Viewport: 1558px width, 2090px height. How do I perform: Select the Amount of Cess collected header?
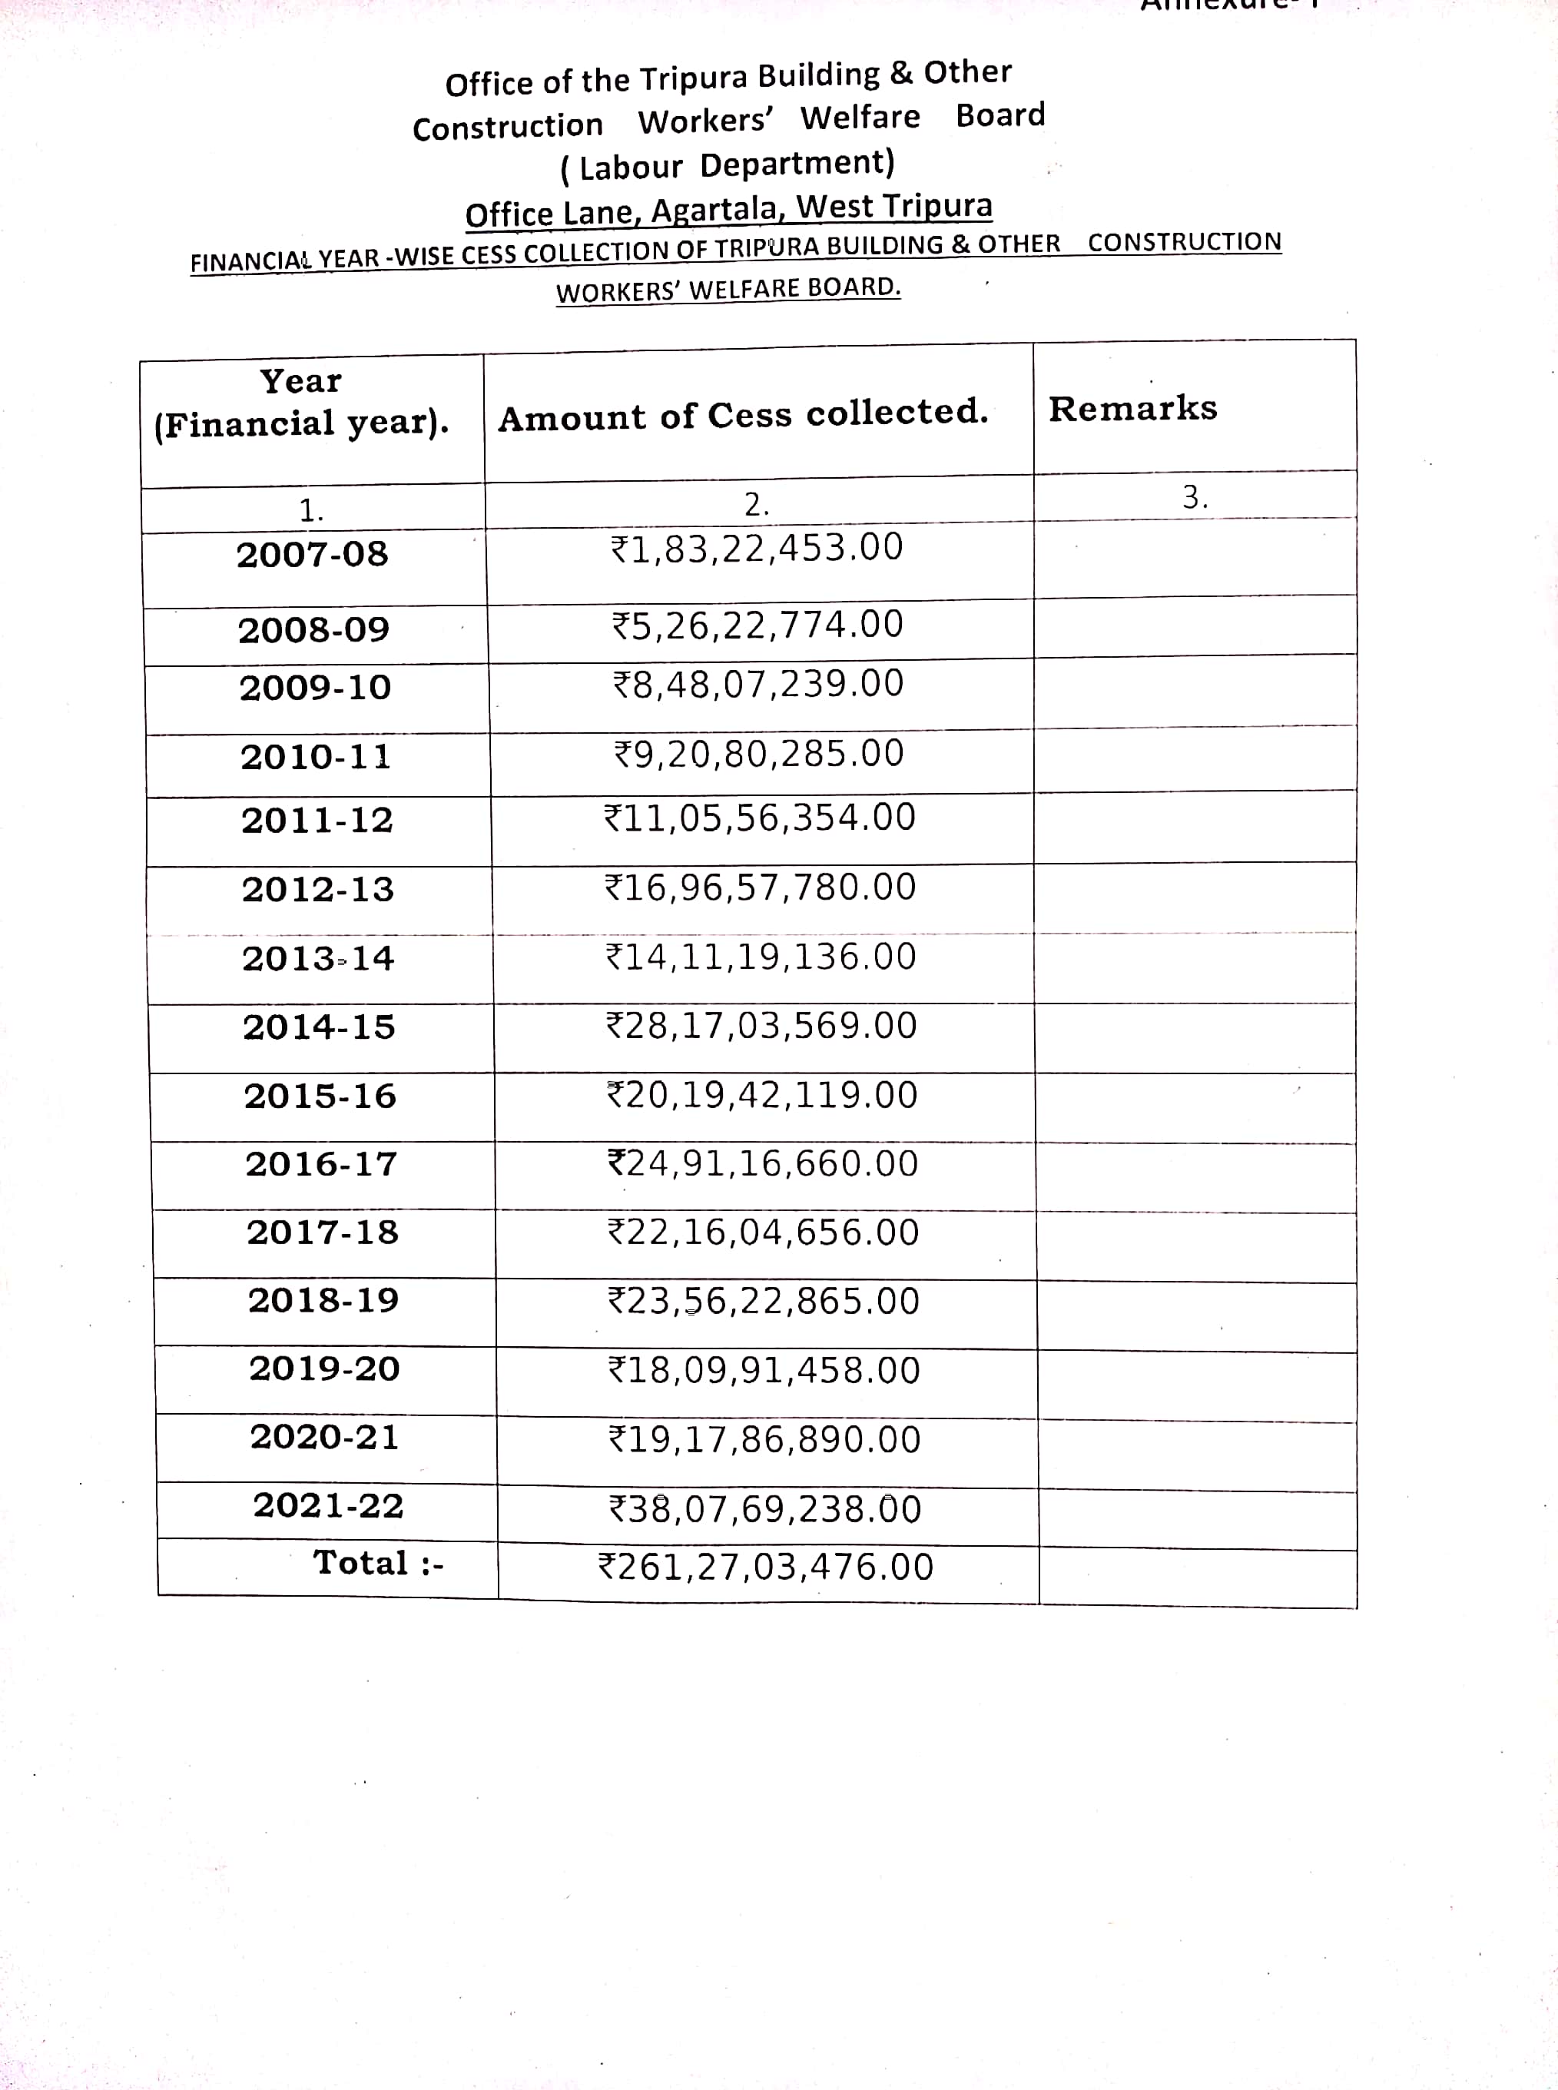pos(743,415)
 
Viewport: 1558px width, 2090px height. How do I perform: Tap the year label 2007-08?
pos(312,555)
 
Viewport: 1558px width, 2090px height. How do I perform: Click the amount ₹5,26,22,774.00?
pos(758,625)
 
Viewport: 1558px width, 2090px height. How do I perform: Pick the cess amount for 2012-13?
pos(760,887)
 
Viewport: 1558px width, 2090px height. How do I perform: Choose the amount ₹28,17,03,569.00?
pos(761,1026)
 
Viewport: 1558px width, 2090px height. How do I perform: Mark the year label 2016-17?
pos(322,1165)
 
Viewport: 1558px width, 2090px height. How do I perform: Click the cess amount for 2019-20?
pos(764,1370)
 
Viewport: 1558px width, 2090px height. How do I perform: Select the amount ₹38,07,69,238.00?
pos(765,1509)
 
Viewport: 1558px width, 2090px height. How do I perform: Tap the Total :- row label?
pos(378,1564)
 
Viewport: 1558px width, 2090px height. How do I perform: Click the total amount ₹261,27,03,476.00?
pos(766,1567)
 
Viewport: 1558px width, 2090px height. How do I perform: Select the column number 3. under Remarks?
pos(1195,497)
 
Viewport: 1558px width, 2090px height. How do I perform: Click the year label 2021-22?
pos(328,1505)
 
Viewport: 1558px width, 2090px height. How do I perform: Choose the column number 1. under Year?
pos(311,511)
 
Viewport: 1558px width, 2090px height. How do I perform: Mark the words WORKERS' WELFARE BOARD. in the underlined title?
pos(728,289)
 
